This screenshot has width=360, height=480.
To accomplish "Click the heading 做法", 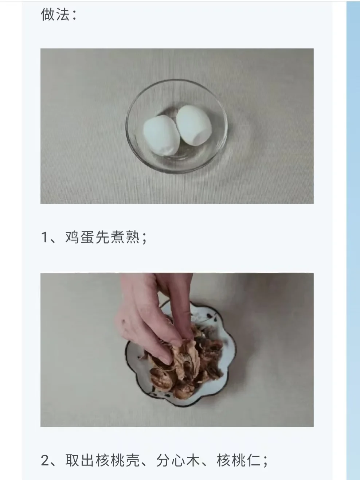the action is [55, 15].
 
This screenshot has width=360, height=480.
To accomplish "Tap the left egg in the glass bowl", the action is [161, 136].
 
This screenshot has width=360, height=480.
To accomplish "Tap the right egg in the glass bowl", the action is [194, 125].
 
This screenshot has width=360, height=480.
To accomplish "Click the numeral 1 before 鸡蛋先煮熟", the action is [44, 237].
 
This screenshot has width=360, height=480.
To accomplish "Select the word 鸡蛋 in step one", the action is [79, 237].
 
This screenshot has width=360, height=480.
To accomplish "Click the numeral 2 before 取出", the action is [45, 460].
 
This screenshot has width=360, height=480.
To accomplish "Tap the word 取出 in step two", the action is [79, 460].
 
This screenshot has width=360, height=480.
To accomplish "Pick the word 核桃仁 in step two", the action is [239, 460].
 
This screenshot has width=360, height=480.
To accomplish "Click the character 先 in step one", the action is [102, 237].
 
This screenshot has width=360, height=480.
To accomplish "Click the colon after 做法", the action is [75, 16].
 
